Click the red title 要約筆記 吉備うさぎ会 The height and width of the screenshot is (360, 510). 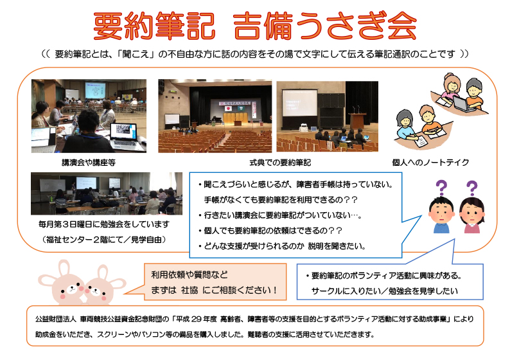click(x=255, y=26)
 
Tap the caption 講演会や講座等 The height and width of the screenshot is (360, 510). click(x=89, y=162)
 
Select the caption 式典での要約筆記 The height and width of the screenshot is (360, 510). click(x=280, y=162)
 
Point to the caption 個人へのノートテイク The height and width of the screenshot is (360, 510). click(x=430, y=162)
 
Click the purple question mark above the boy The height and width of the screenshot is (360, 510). click(x=441, y=188)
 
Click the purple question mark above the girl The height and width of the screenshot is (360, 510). click(x=471, y=188)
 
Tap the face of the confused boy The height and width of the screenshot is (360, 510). click(x=441, y=212)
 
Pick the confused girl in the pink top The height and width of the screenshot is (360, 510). click(x=472, y=215)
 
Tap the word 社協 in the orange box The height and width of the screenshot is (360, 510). click(x=189, y=290)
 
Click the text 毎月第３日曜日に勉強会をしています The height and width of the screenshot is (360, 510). click(x=104, y=224)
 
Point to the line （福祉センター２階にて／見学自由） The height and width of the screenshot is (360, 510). click(x=104, y=240)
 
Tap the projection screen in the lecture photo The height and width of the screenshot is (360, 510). click(x=95, y=90)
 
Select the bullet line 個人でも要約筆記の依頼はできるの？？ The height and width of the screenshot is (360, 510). click(x=270, y=230)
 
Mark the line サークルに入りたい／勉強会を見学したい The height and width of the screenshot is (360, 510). click(x=385, y=291)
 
